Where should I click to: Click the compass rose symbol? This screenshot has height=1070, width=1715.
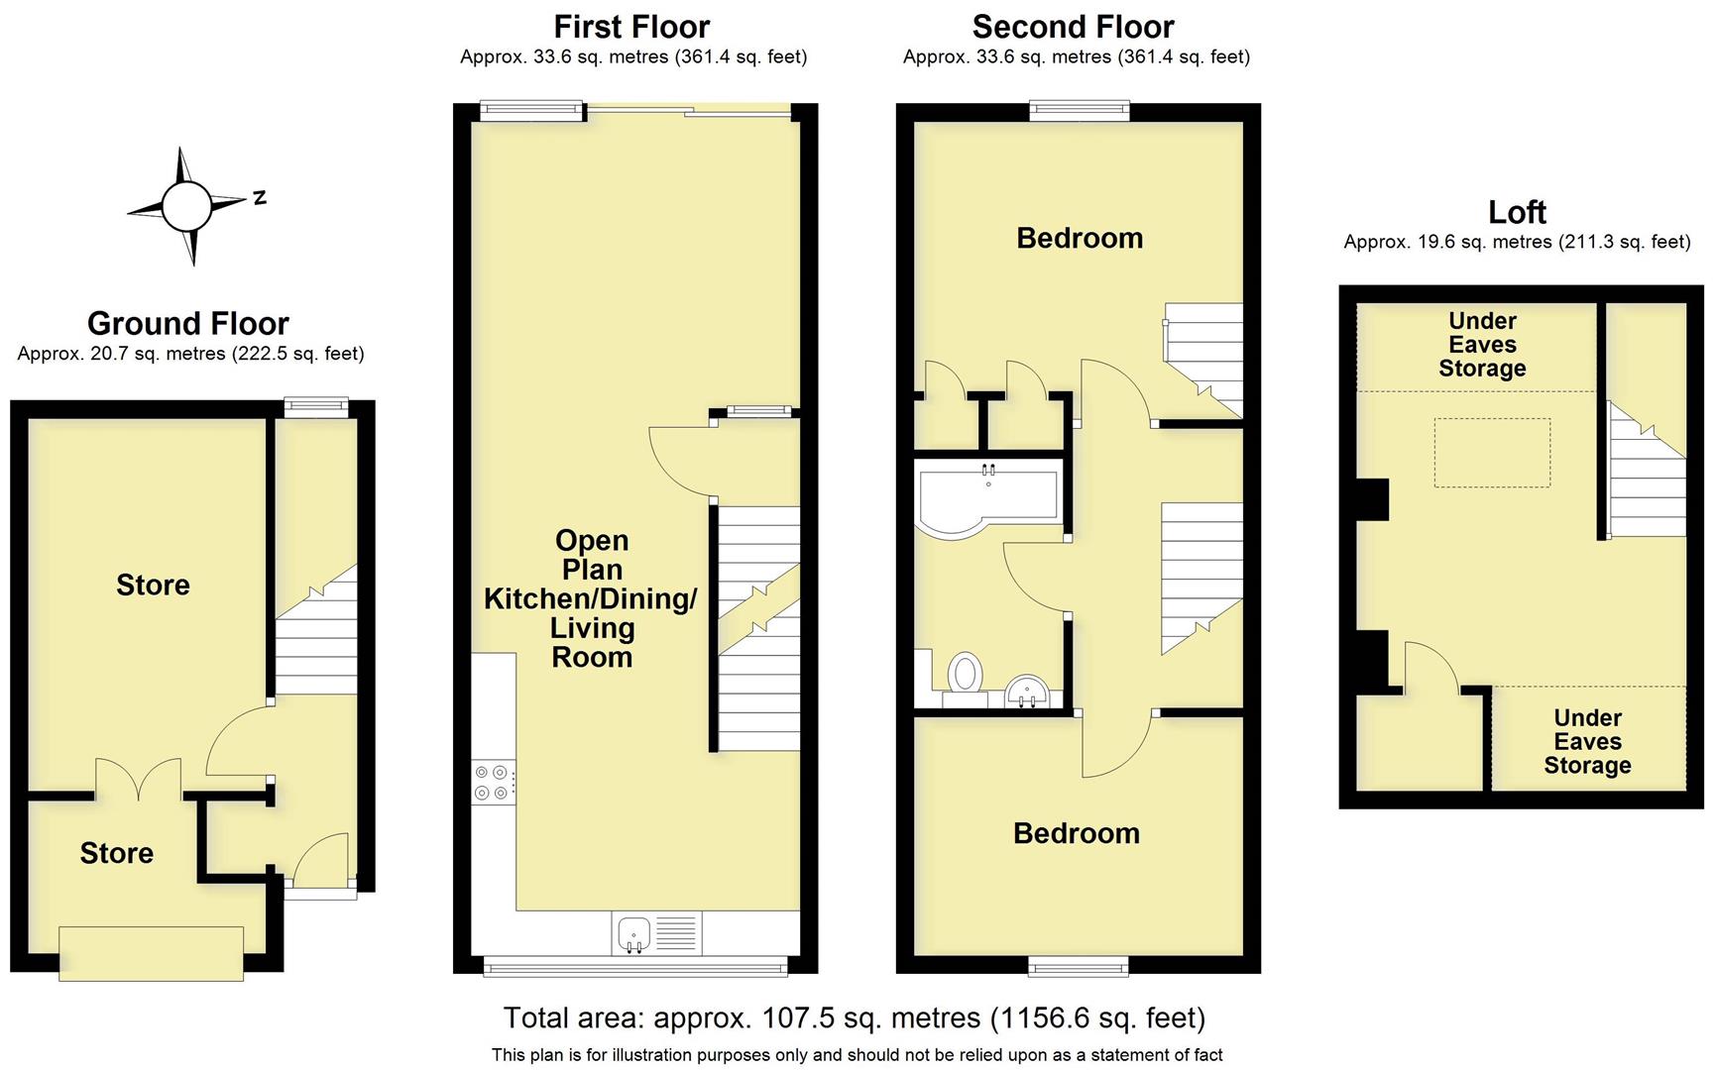coord(186,206)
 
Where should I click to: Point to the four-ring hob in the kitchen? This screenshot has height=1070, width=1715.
coord(493,782)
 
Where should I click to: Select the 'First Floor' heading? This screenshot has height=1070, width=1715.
coord(631,27)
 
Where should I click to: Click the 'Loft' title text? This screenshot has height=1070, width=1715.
coord(1517,212)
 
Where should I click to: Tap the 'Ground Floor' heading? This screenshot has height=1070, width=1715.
coord(188,324)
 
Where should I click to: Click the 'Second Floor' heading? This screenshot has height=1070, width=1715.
coord(1073,27)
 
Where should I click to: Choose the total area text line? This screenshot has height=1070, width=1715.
coord(855,1017)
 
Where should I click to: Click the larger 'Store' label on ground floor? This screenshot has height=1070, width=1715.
coord(153,585)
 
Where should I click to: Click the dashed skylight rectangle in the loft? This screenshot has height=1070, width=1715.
coord(1492,453)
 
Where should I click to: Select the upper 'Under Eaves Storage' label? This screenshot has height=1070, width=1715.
coord(1482,345)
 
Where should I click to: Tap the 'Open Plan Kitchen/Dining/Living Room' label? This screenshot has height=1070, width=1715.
coord(591,598)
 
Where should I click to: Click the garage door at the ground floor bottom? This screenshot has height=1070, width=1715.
coord(151,953)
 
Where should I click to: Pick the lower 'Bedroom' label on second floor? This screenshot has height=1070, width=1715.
coord(1076,833)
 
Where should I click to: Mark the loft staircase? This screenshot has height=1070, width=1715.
coord(1646,476)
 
